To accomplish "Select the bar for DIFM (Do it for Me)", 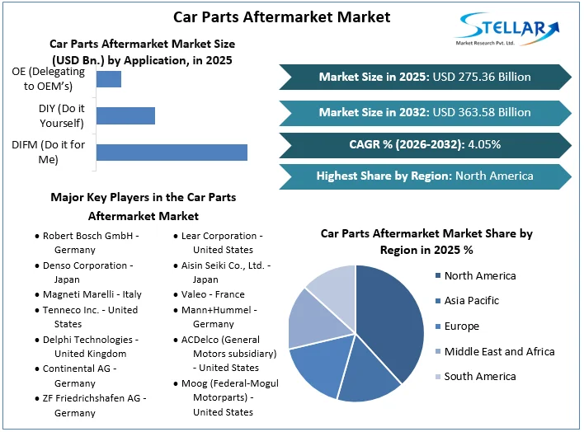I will pyautogui.click(x=172, y=153).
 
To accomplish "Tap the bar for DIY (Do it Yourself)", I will pyautogui.click(x=125, y=115).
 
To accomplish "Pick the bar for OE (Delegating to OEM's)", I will pyautogui.click(x=109, y=79).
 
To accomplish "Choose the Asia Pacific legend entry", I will pyautogui.click(x=471, y=301).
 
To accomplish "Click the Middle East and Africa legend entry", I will pyautogui.click(x=499, y=351).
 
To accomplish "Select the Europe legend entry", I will pyautogui.click(x=461, y=326).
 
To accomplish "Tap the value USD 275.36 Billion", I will pyautogui.click(x=482, y=77).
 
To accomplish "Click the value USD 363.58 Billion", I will pyautogui.click(x=482, y=112).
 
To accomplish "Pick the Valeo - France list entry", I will pyautogui.click(x=212, y=295).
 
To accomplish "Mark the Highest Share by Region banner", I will pyautogui.click(x=425, y=176).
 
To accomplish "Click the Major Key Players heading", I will pyautogui.click(x=143, y=206).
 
